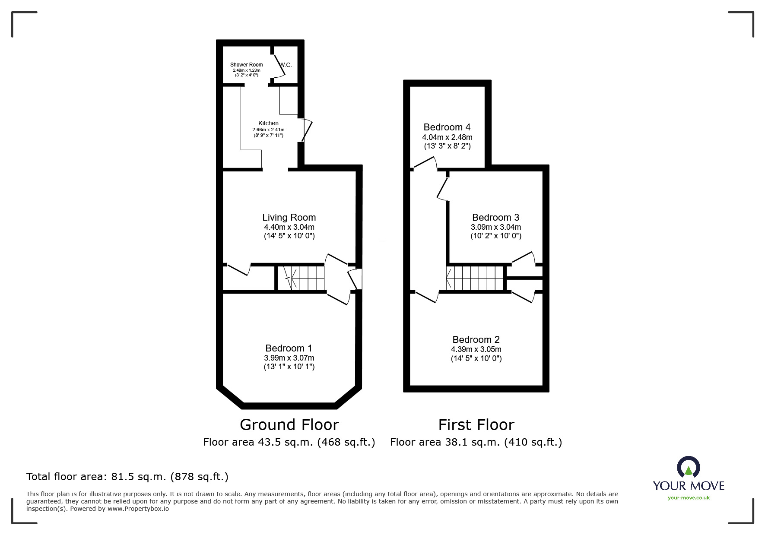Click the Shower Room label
tap(246, 65)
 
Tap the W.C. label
tap(286, 65)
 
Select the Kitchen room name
tap(268, 123)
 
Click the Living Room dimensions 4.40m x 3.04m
tap(289, 227)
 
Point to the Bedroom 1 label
tap(289, 348)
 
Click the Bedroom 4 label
tap(447, 127)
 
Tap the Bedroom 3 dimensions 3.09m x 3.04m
tap(495, 227)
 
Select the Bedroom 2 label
tap(476, 339)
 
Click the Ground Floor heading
tap(289, 425)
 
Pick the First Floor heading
tap(476, 425)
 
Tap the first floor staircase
tap(475, 278)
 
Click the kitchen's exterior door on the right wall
tap(306, 130)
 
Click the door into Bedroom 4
tap(425, 164)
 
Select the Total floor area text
tap(127, 477)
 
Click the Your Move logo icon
tap(688, 467)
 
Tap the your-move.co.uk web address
tap(689, 498)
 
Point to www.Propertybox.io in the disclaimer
tap(138, 509)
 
